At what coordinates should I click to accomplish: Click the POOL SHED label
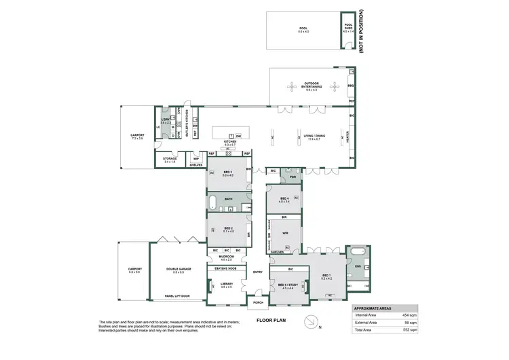pyautogui.click(x=348, y=28)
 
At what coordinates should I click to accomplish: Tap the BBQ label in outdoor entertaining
pyautogui.click(x=351, y=86)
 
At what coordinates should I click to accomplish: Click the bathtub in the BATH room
pyautogui.click(x=214, y=201)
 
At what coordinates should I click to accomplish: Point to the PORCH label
pyautogui.click(x=259, y=303)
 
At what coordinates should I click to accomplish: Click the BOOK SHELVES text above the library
pyautogui.click(x=227, y=269)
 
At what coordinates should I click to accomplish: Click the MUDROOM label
pyautogui.click(x=227, y=258)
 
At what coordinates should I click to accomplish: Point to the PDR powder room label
pyautogui.click(x=293, y=177)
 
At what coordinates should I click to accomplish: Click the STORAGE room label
pyautogui.click(x=170, y=160)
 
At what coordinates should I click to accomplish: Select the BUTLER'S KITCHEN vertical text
pyautogui.click(x=185, y=123)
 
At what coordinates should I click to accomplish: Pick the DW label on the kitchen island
pyautogui.click(x=238, y=136)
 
